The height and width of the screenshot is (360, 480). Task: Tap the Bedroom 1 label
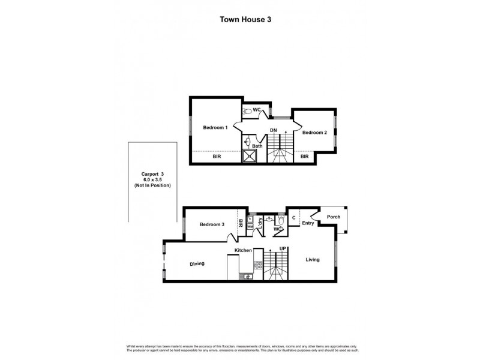coord(214,127)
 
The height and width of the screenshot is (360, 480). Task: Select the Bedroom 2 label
coord(314,133)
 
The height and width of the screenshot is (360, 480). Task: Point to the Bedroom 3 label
coord(212,224)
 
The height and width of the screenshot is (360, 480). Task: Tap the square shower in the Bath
coord(249,157)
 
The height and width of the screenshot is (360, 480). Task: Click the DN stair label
coord(273,130)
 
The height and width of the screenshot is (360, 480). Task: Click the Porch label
coord(333,217)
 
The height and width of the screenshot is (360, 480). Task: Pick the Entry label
coord(308,223)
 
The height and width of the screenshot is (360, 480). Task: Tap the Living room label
coord(313,260)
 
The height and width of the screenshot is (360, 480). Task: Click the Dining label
coord(198,263)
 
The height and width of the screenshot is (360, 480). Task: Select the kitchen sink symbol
coord(246,276)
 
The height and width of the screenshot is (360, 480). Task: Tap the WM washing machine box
coord(250,227)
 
